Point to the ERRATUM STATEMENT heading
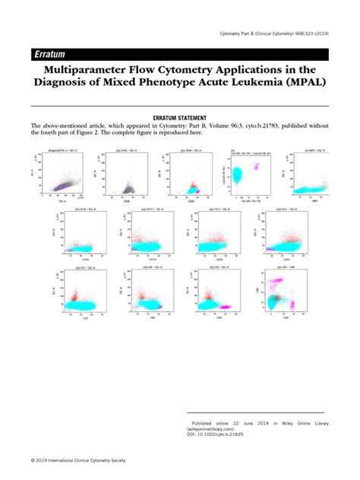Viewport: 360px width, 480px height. pyautogui.click(x=179, y=117)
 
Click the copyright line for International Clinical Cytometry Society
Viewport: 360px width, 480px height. pyautogui.click(x=84, y=460)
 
